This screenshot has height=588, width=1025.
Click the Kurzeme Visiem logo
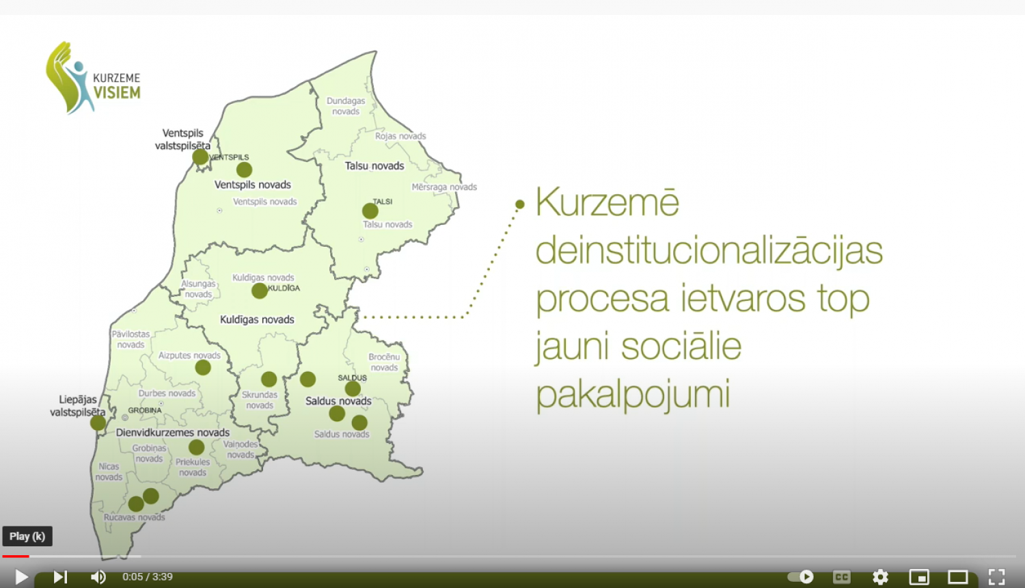click(93, 79)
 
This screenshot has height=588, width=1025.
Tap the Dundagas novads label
click(346, 106)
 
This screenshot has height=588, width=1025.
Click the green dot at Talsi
click(370, 211)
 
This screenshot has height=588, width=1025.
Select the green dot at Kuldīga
click(260, 291)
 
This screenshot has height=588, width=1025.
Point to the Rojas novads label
click(400, 136)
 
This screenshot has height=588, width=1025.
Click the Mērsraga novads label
click(444, 187)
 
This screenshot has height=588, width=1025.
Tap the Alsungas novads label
click(198, 289)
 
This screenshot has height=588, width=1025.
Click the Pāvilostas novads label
click(131, 339)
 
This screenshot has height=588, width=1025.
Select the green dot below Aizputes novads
click(203, 368)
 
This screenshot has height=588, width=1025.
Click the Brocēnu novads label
click(384, 362)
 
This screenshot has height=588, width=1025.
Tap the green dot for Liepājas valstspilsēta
click(98, 423)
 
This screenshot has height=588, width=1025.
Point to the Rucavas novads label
click(135, 518)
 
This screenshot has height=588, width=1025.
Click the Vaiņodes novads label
click(240, 449)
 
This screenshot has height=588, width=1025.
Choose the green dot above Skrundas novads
click(269, 379)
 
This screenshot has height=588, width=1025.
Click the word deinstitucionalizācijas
click(709, 250)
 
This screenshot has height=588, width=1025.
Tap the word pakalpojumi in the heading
click(633, 394)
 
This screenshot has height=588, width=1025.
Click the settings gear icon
click(880, 577)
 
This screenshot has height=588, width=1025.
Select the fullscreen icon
click(996, 577)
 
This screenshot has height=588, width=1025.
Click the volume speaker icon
click(98, 577)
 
